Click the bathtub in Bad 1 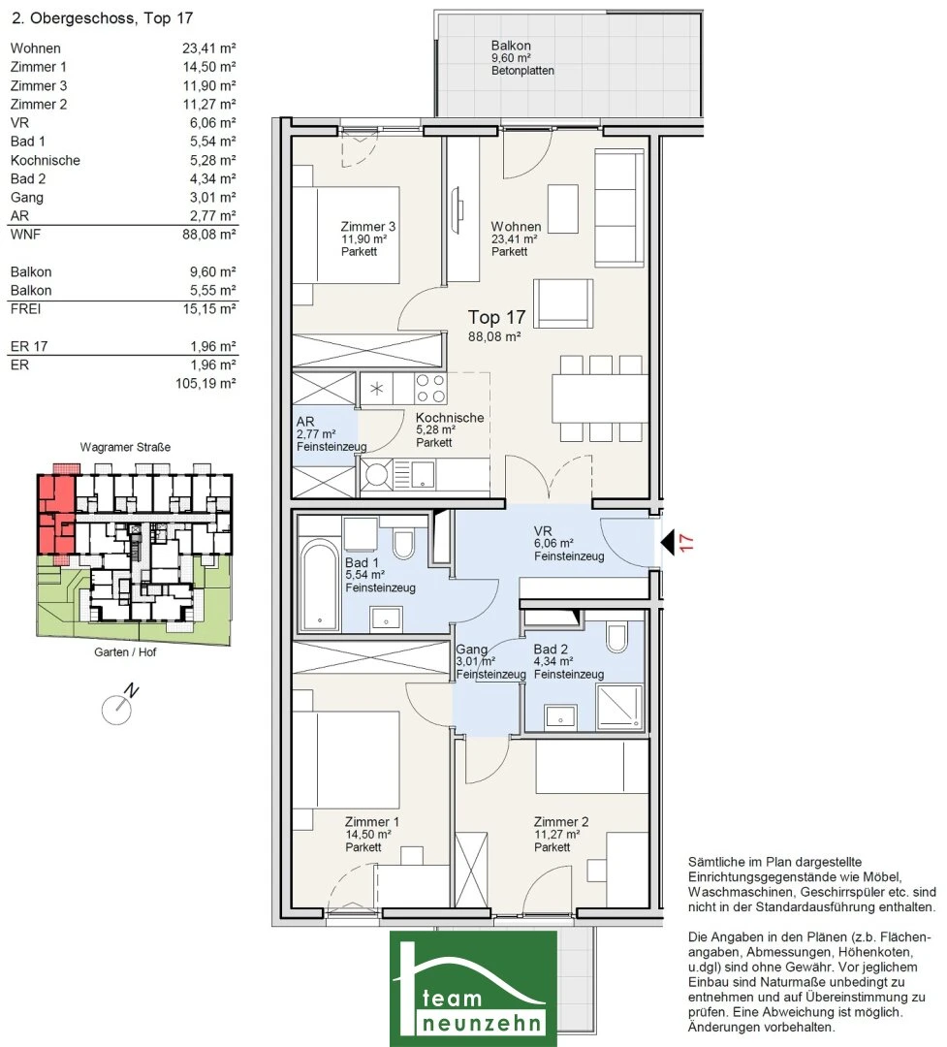pyautogui.click(x=320, y=585)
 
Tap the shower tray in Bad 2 pyautogui.click(x=619, y=707)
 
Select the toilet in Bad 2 pyautogui.click(x=616, y=637)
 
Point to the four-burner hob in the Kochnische pyautogui.click(x=430, y=389)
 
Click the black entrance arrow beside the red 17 pyautogui.click(x=668, y=542)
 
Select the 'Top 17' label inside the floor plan pyautogui.click(x=496, y=317)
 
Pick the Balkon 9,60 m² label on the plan pyautogui.click(x=522, y=57)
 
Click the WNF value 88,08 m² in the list pyautogui.click(x=209, y=235)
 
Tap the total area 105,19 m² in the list pyautogui.click(x=205, y=383)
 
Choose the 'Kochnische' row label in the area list pyautogui.click(x=45, y=160)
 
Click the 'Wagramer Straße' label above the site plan pyautogui.click(x=125, y=447)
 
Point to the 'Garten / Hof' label pyautogui.click(x=125, y=651)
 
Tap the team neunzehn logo pyautogui.click(x=473, y=988)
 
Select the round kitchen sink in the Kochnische pyautogui.click(x=376, y=475)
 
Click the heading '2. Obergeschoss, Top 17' pyautogui.click(x=102, y=18)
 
